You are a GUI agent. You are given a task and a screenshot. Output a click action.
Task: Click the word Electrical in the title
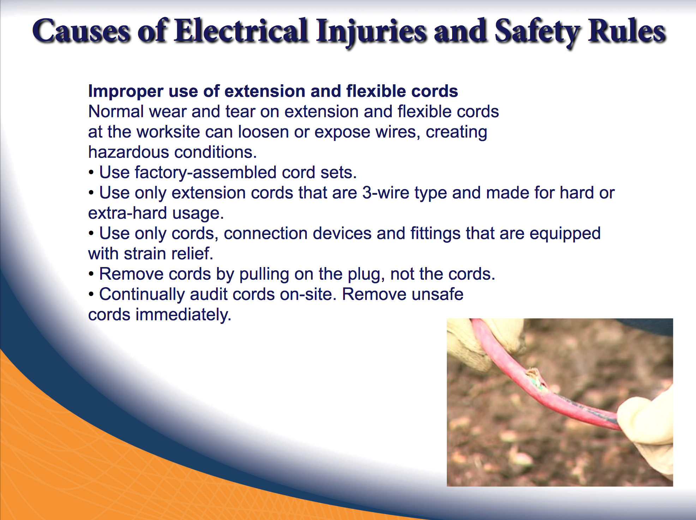[241, 31]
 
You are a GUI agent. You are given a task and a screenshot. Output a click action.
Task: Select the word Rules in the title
[627, 31]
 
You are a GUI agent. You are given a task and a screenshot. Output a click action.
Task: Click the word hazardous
[128, 152]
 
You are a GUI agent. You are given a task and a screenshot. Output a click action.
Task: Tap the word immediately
[183, 315]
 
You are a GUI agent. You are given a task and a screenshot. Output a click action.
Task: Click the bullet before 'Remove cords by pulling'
[91, 274]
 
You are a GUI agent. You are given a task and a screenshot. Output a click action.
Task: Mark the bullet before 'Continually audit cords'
[91, 294]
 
